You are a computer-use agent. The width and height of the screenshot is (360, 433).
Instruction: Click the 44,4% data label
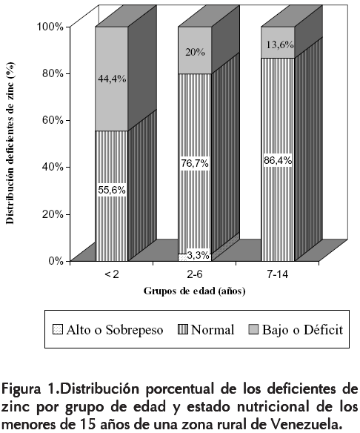(112, 79)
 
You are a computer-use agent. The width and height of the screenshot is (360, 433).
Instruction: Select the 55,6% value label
(112, 191)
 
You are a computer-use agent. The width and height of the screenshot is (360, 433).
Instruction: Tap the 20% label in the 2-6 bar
(195, 52)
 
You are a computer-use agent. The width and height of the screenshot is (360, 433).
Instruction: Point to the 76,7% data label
(195, 163)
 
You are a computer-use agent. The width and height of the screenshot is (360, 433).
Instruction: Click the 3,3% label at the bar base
(199, 256)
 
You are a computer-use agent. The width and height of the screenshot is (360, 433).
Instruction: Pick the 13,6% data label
(280, 44)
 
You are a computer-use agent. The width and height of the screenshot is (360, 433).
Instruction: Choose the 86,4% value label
(278, 160)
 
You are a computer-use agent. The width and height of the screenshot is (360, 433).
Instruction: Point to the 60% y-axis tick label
(53, 120)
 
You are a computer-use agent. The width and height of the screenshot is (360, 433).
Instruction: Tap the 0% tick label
(56, 261)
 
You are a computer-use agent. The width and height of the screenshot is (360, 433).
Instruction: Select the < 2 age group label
(112, 275)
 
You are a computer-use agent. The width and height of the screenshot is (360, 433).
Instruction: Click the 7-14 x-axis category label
(278, 275)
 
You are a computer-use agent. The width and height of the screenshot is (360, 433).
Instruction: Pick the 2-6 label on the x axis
(195, 275)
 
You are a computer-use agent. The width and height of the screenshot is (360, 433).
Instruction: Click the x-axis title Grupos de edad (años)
(195, 291)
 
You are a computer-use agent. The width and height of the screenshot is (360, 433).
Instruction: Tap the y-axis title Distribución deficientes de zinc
(10, 143)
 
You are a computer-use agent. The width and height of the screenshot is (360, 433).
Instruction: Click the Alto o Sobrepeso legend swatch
(58, 329)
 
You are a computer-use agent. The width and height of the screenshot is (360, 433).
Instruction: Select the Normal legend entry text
(213, 330)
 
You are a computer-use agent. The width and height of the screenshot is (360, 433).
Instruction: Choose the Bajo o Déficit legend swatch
(253, 329)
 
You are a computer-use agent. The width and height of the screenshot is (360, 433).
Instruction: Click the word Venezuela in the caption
(304, 423)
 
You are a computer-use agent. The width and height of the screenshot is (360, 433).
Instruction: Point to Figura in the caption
(21, 390)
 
